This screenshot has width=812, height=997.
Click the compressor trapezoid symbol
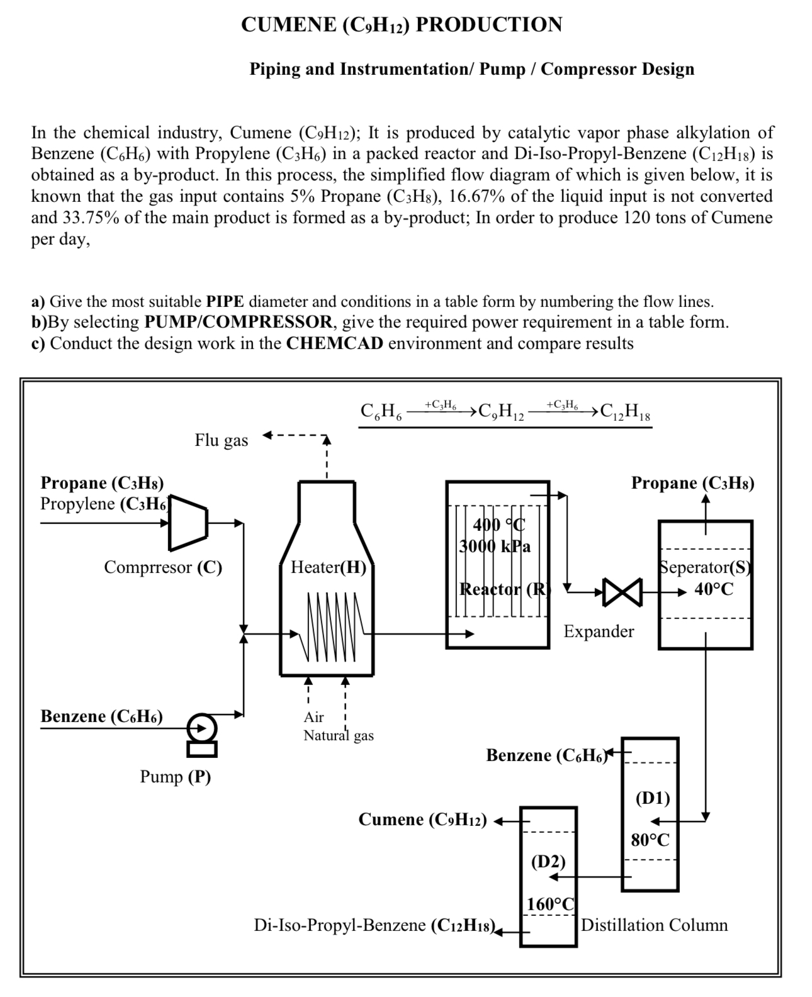188,522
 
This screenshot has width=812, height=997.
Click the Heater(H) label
328,567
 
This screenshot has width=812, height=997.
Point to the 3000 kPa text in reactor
495,546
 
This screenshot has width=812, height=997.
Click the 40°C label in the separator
714,589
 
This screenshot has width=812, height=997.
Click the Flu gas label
221,440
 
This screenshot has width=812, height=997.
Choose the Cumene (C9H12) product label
422,819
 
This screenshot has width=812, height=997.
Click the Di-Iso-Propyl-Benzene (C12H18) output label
376,925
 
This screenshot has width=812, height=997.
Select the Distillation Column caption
654,925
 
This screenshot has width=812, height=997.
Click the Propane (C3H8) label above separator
692,483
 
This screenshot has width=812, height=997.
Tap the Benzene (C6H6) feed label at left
101,716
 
